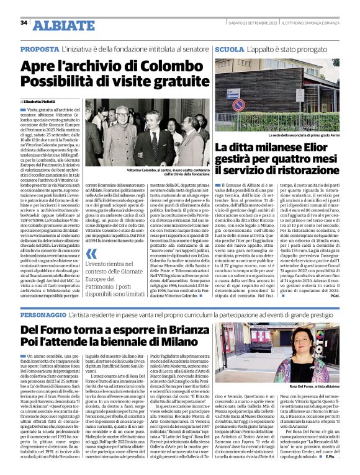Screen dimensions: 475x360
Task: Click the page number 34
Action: point(24,22)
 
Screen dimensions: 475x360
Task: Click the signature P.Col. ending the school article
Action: point(335,295)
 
